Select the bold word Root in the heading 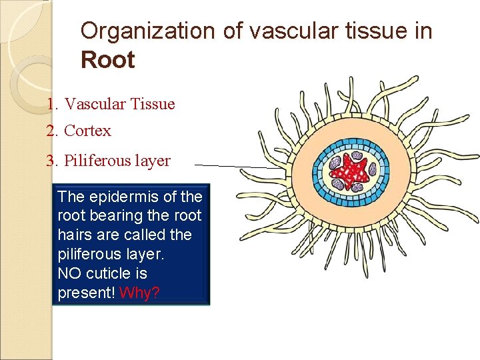[107, 60]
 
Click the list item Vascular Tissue [119, 104]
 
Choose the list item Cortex [87, 131]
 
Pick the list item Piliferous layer [117, 161]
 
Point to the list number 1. [52, 104]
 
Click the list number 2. [52, 131]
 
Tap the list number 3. [52, 161]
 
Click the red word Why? [139, 293]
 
